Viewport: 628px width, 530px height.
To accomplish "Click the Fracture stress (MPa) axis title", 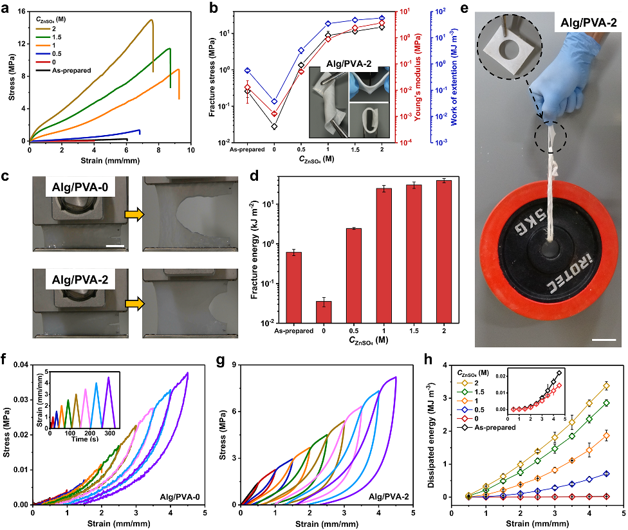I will [x=214, y=76].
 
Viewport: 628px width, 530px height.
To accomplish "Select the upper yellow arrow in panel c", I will [x=133, y=217].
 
